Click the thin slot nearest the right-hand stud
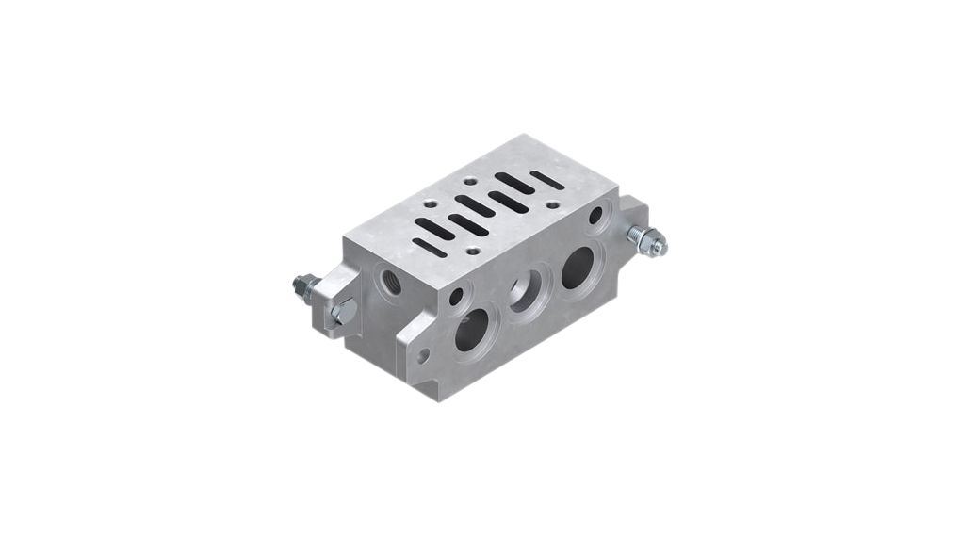[x=547, y=180]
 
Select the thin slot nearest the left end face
[x=430, y=248]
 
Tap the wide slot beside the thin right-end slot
[x=514, y=184]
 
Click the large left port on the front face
[x=472, y=330]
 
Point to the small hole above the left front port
[x=456, y=297]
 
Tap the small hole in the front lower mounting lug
[x=423, y=355]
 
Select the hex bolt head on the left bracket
[x=345, y=311]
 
